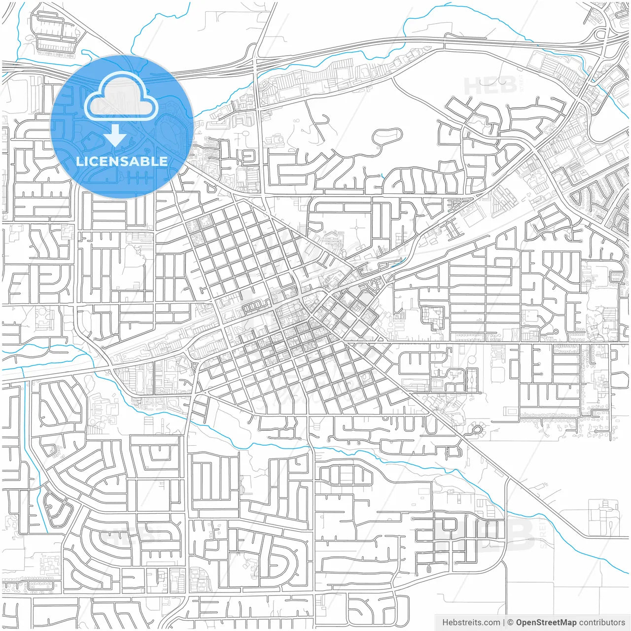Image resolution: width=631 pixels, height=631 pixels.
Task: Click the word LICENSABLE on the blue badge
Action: (121, 161)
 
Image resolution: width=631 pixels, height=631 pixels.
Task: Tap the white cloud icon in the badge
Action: (121, 96)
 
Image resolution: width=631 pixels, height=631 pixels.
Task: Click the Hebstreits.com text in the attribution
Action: (471, 623)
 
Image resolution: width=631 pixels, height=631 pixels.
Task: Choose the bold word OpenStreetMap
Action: (546, 623)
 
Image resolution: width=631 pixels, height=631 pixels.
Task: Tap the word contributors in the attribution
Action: (602, 623)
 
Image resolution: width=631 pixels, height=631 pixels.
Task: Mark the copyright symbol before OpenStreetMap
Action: (511, 623)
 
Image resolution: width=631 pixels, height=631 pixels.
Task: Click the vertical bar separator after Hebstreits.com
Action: (504, 623)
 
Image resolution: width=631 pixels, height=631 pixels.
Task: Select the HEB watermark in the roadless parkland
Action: (490, 85)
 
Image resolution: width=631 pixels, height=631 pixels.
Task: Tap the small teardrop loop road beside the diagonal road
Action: (477, 429)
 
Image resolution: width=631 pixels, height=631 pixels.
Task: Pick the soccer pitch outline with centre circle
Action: (472, 381)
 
